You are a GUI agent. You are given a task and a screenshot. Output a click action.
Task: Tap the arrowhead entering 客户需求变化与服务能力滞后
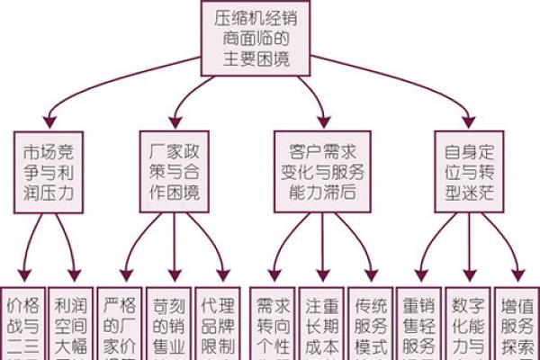click(x=323, y=124)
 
